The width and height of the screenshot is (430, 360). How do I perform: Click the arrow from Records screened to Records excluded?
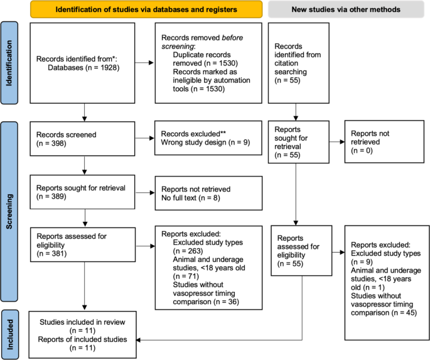145,137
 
